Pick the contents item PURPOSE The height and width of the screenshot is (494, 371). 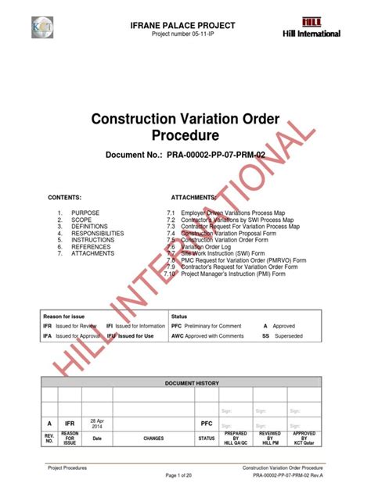click(85, 213)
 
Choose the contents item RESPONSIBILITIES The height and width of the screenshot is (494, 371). click(97, 233)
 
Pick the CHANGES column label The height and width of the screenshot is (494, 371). click(153, 439)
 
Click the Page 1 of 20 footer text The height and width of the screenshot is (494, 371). click(185, 476)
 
